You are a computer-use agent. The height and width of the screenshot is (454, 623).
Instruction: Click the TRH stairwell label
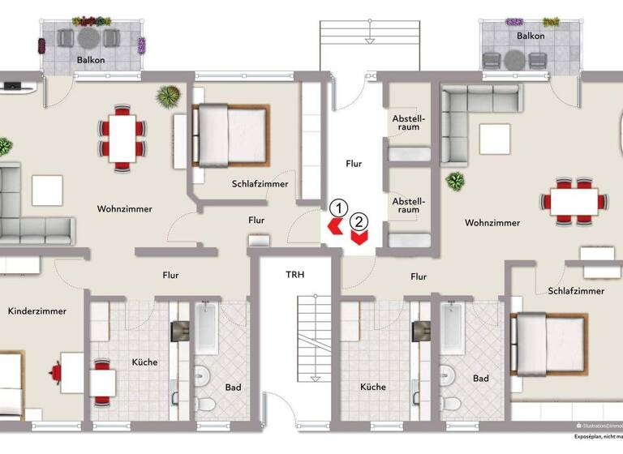tap(294, 274)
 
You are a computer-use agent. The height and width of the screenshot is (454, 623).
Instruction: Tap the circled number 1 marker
tap(339, 208)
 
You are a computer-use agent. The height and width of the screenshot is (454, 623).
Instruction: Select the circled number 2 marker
tap(359, 220)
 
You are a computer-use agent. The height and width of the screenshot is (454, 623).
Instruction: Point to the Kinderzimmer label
tap(37, 311)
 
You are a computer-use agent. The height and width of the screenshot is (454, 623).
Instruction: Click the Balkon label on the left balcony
tap(90, 60)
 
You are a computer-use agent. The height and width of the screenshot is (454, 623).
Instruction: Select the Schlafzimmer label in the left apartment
tap(260, 184)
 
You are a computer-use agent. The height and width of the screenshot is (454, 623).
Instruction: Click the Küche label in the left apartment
tap(144, 362)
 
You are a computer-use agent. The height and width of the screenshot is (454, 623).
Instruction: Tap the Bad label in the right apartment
tap(480, 378)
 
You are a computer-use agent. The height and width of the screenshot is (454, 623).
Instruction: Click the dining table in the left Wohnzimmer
tap(122, 137)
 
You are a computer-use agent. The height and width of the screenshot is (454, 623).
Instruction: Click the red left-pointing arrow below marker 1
tap(333, 226)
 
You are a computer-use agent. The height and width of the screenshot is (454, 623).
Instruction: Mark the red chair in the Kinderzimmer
tap(56, 372)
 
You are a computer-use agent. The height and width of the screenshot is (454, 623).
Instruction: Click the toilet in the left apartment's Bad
tap(207, 405)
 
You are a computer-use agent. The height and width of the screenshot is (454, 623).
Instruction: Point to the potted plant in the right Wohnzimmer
tap(455, 181)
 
